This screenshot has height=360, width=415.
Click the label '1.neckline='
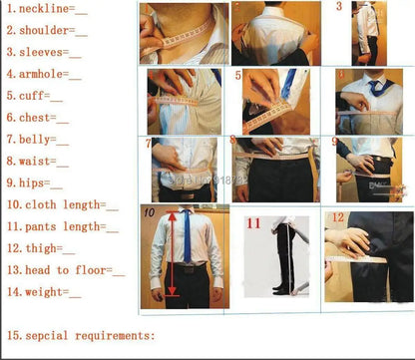[x=45, y=10]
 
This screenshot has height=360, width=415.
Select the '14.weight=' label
[x=44, y=292]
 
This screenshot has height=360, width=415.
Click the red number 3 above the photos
[x=338, y=7]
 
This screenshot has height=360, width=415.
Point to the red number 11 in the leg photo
[x=253, y=224]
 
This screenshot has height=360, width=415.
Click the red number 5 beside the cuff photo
[x=238, y=75]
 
